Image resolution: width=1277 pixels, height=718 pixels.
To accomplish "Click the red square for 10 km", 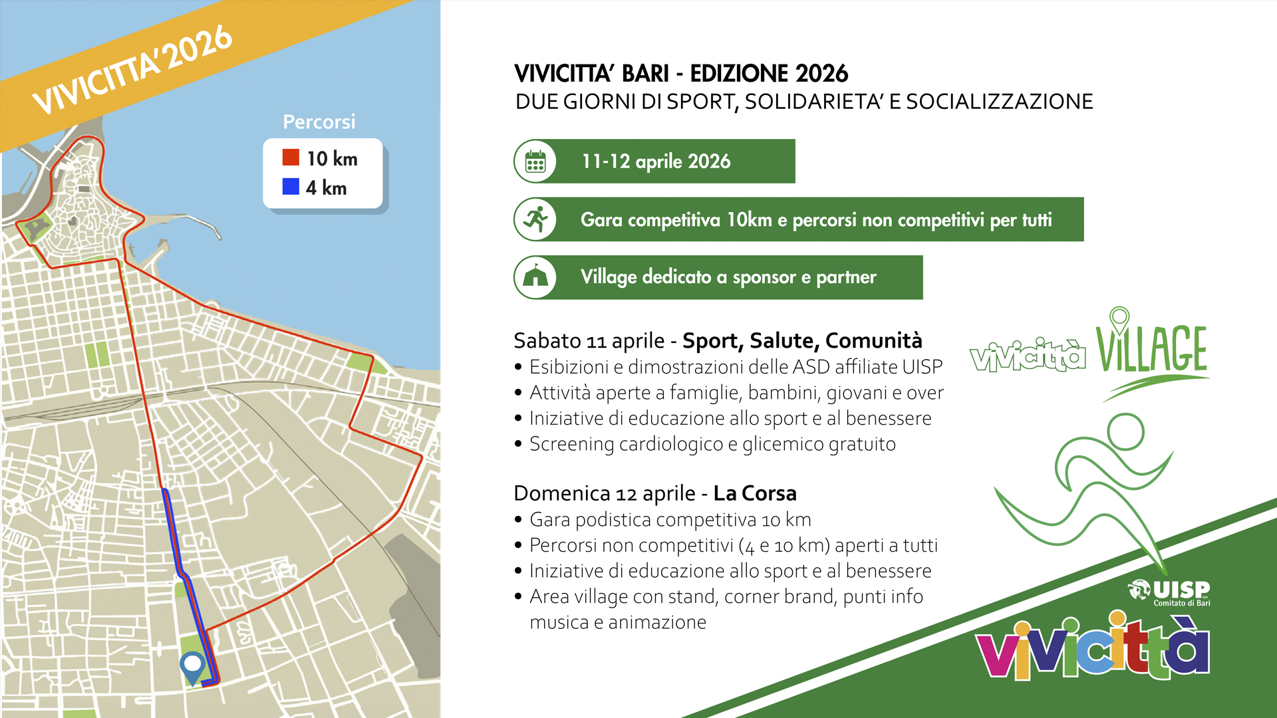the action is (291, 158).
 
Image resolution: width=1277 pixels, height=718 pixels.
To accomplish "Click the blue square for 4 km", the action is (291, 187).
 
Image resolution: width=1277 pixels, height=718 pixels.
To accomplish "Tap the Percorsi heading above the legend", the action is (319, 122).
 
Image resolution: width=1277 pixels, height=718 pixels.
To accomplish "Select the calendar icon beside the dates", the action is (535, 162).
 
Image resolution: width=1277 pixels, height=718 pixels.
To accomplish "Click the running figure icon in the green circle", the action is (536, 219).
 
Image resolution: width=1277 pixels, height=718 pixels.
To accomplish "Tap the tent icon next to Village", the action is (536, 277).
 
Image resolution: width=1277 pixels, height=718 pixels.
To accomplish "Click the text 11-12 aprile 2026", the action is (656, 162).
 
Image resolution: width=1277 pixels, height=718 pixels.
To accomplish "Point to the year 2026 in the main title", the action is (822, 73).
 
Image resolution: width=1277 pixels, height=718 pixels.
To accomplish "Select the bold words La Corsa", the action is (755, 493).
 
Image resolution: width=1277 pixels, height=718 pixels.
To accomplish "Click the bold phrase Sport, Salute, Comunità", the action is (802, 341).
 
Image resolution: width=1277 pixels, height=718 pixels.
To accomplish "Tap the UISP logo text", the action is (1181, 589).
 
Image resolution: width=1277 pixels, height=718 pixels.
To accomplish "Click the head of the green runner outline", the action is (1126, 431).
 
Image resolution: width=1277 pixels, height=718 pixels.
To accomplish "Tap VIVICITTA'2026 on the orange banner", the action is (132, 70).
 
